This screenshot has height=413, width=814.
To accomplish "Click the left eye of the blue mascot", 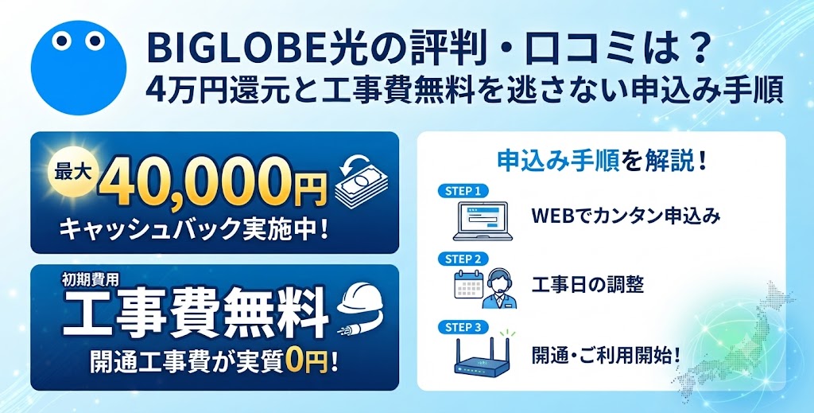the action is pos(61,41).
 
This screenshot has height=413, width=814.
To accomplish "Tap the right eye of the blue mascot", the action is pos(95,41).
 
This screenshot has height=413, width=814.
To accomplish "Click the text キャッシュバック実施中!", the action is pos(194,228).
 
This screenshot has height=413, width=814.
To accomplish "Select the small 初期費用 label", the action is pos(90,279).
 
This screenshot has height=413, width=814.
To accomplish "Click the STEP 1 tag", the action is pos(463,191).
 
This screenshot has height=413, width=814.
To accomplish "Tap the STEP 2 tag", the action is pos(463,259).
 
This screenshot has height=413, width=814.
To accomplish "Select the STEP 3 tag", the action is pos(463,327).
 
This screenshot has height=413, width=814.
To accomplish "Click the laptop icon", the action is pos(483,220).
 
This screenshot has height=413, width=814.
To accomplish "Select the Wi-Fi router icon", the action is pos(483,355).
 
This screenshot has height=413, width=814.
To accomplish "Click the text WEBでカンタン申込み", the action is pos(626,216).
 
